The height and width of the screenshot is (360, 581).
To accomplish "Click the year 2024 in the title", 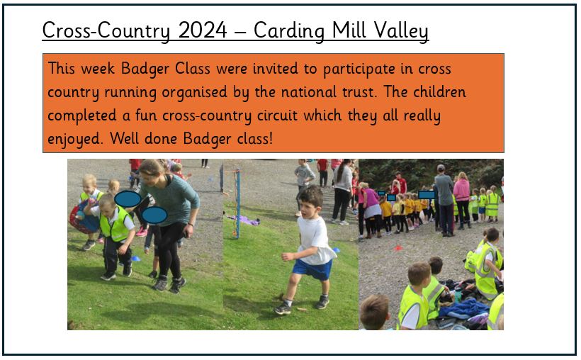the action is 203,30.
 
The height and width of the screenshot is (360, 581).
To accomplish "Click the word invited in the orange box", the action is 275,69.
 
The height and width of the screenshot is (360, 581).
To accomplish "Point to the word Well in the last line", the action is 124,138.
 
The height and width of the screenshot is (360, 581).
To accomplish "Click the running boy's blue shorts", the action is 312,270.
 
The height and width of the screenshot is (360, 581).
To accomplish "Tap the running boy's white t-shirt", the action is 315,240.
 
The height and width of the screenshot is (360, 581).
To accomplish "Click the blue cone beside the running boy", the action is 336,250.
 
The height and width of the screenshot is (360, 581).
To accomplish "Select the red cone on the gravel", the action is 398,248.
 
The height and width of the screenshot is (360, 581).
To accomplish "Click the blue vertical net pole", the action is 237,204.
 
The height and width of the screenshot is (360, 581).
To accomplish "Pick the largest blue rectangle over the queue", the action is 427,195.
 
